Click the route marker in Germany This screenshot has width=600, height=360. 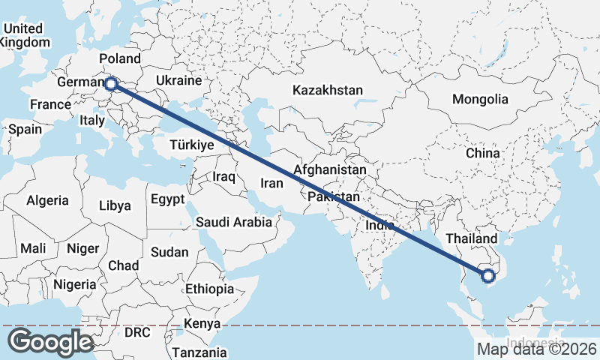coord(111,84)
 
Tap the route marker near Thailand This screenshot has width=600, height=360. coord(489,276)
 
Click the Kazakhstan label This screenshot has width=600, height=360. coord(328,90)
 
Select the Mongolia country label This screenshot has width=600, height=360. coord(480,99)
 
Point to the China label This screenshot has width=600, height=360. coord(482,153)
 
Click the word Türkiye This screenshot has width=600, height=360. coord(192,145)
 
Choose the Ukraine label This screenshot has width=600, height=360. coord(178,80)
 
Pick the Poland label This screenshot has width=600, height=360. coord(119,58)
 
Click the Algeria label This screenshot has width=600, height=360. coord(47,200)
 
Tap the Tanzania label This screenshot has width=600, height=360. coord(199,352)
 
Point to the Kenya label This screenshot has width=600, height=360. coord(202,323)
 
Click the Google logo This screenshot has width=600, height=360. coord(50,342)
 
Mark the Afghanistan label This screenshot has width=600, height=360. coord(330,170)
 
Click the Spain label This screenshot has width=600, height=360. coord(25,129)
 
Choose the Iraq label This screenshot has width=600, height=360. coord(224,177)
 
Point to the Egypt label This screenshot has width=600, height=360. coord(167,199)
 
